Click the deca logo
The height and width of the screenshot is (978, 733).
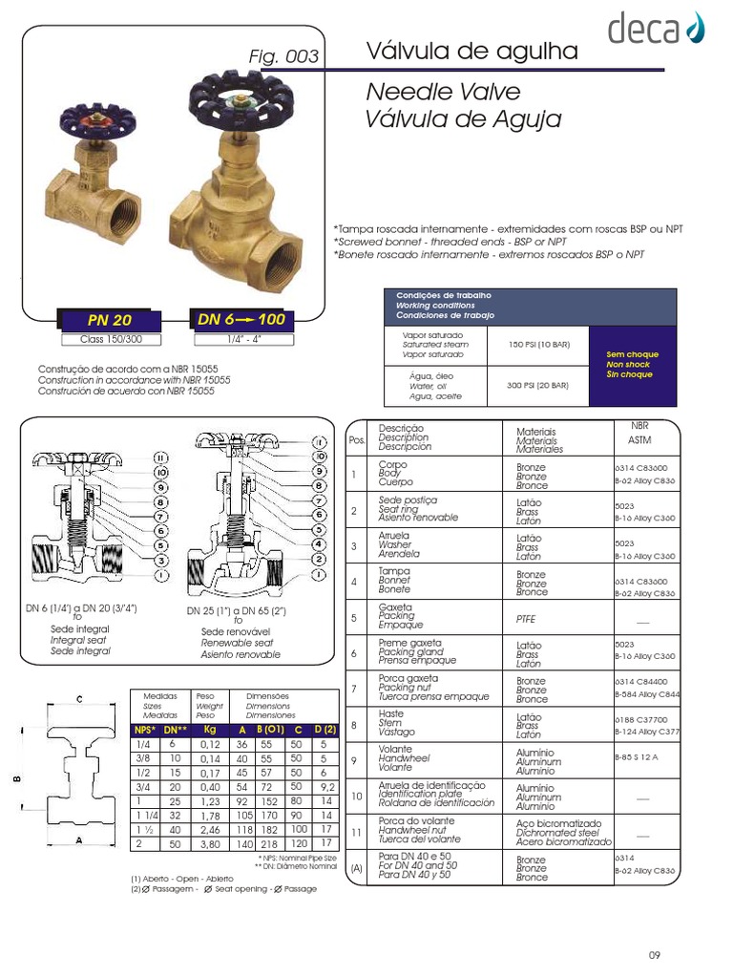656,29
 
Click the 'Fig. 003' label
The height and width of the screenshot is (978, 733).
283,57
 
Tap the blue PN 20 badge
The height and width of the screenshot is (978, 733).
109,320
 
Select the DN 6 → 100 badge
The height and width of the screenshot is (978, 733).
241,319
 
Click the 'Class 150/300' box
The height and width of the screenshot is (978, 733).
109,339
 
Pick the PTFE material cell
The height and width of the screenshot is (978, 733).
527,619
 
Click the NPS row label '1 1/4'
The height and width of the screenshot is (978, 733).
145,817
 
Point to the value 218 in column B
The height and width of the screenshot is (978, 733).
268,845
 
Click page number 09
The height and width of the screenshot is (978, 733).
654,955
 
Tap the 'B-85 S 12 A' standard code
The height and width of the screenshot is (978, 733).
637,756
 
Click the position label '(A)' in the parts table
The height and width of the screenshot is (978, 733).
356,868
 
